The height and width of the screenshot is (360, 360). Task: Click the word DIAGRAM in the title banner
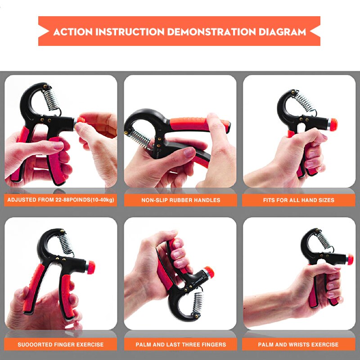tap(283, 31)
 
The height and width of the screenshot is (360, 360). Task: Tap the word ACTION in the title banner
tap(73, 31)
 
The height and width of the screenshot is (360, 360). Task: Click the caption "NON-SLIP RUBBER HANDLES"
tap(181, 200)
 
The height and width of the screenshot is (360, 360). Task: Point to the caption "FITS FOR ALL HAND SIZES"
tap(299, 200)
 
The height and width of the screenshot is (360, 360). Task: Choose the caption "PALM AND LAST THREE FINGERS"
tap(181, 345)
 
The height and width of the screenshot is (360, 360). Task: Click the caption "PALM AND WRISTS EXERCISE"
tap(298, 345)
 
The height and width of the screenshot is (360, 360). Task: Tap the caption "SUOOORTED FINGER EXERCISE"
tap(61, 345)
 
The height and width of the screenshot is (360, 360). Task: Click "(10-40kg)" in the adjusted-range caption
tap(103, 200)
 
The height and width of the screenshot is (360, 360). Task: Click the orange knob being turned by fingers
tap(81, 120)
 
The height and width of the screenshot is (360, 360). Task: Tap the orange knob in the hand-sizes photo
tap(333, 125)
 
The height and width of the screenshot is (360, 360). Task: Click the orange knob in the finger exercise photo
tap(91, 267)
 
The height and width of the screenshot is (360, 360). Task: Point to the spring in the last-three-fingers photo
tap(198, 303)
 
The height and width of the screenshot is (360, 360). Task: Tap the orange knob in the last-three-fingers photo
tap(209, 273)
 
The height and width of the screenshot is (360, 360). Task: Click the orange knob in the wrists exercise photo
tap(350, 260)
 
